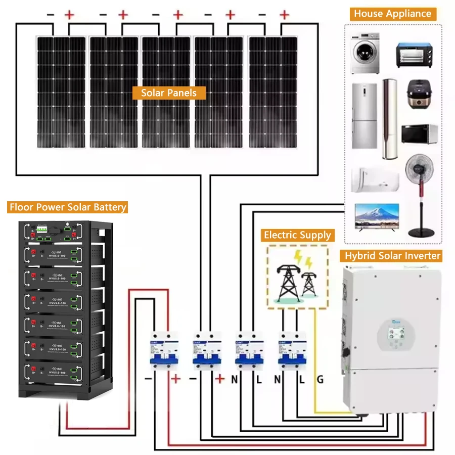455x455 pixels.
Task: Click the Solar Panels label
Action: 169,93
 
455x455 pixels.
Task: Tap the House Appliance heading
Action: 392,14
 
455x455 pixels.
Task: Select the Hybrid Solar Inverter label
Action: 392,255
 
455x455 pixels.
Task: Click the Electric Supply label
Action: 297,235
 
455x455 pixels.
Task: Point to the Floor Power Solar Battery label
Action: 67,207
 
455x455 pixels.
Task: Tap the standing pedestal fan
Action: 421,195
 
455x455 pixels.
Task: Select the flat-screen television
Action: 376,218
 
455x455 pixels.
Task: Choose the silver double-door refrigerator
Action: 364,116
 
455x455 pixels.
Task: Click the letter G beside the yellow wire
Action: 320,379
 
